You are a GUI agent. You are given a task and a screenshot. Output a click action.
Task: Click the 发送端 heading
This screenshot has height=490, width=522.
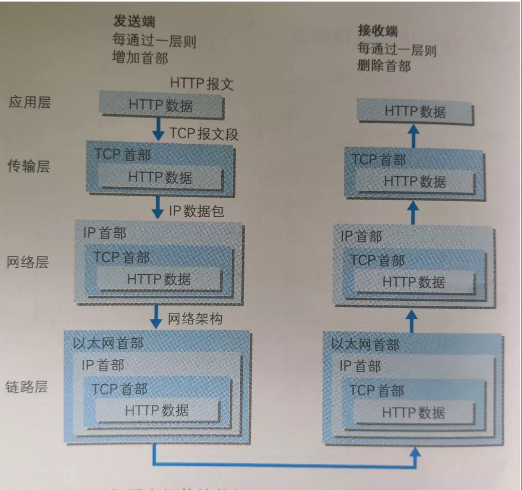click(x=134, y=21)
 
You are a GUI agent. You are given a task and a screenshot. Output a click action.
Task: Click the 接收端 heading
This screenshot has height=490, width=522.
click(x=378, y=31)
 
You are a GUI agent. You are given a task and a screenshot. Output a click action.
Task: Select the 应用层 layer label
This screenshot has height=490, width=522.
click(x=29, y=103)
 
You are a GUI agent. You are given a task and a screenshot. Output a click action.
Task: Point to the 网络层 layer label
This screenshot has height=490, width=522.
click(x=28, y=262)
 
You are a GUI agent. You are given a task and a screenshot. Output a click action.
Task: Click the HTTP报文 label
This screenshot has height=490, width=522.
click(x=202, y=84)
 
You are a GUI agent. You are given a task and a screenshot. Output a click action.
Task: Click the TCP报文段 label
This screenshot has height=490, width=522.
click(x=203, y=134)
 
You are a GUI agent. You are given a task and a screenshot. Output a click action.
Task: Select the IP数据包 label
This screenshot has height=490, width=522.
click(x=196, y=211)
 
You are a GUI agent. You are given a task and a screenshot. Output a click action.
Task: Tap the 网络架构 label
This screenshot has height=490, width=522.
click(x=195, y=319)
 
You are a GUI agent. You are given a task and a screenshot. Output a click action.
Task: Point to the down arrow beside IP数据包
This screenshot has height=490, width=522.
click(x=158, y=207)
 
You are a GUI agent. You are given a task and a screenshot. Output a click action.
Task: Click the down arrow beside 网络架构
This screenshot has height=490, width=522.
click(x=156, y=316)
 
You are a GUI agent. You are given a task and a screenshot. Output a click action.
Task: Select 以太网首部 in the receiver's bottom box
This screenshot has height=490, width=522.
click(x=365, y=345)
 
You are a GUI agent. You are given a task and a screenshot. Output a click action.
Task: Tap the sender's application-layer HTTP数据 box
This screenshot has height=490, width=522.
click(x=160, y=105)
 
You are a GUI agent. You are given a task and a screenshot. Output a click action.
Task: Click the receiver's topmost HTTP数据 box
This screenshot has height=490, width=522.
click(x=415, y=112)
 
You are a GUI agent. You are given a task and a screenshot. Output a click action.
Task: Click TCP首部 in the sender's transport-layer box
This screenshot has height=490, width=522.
click(x=122, y=154)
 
